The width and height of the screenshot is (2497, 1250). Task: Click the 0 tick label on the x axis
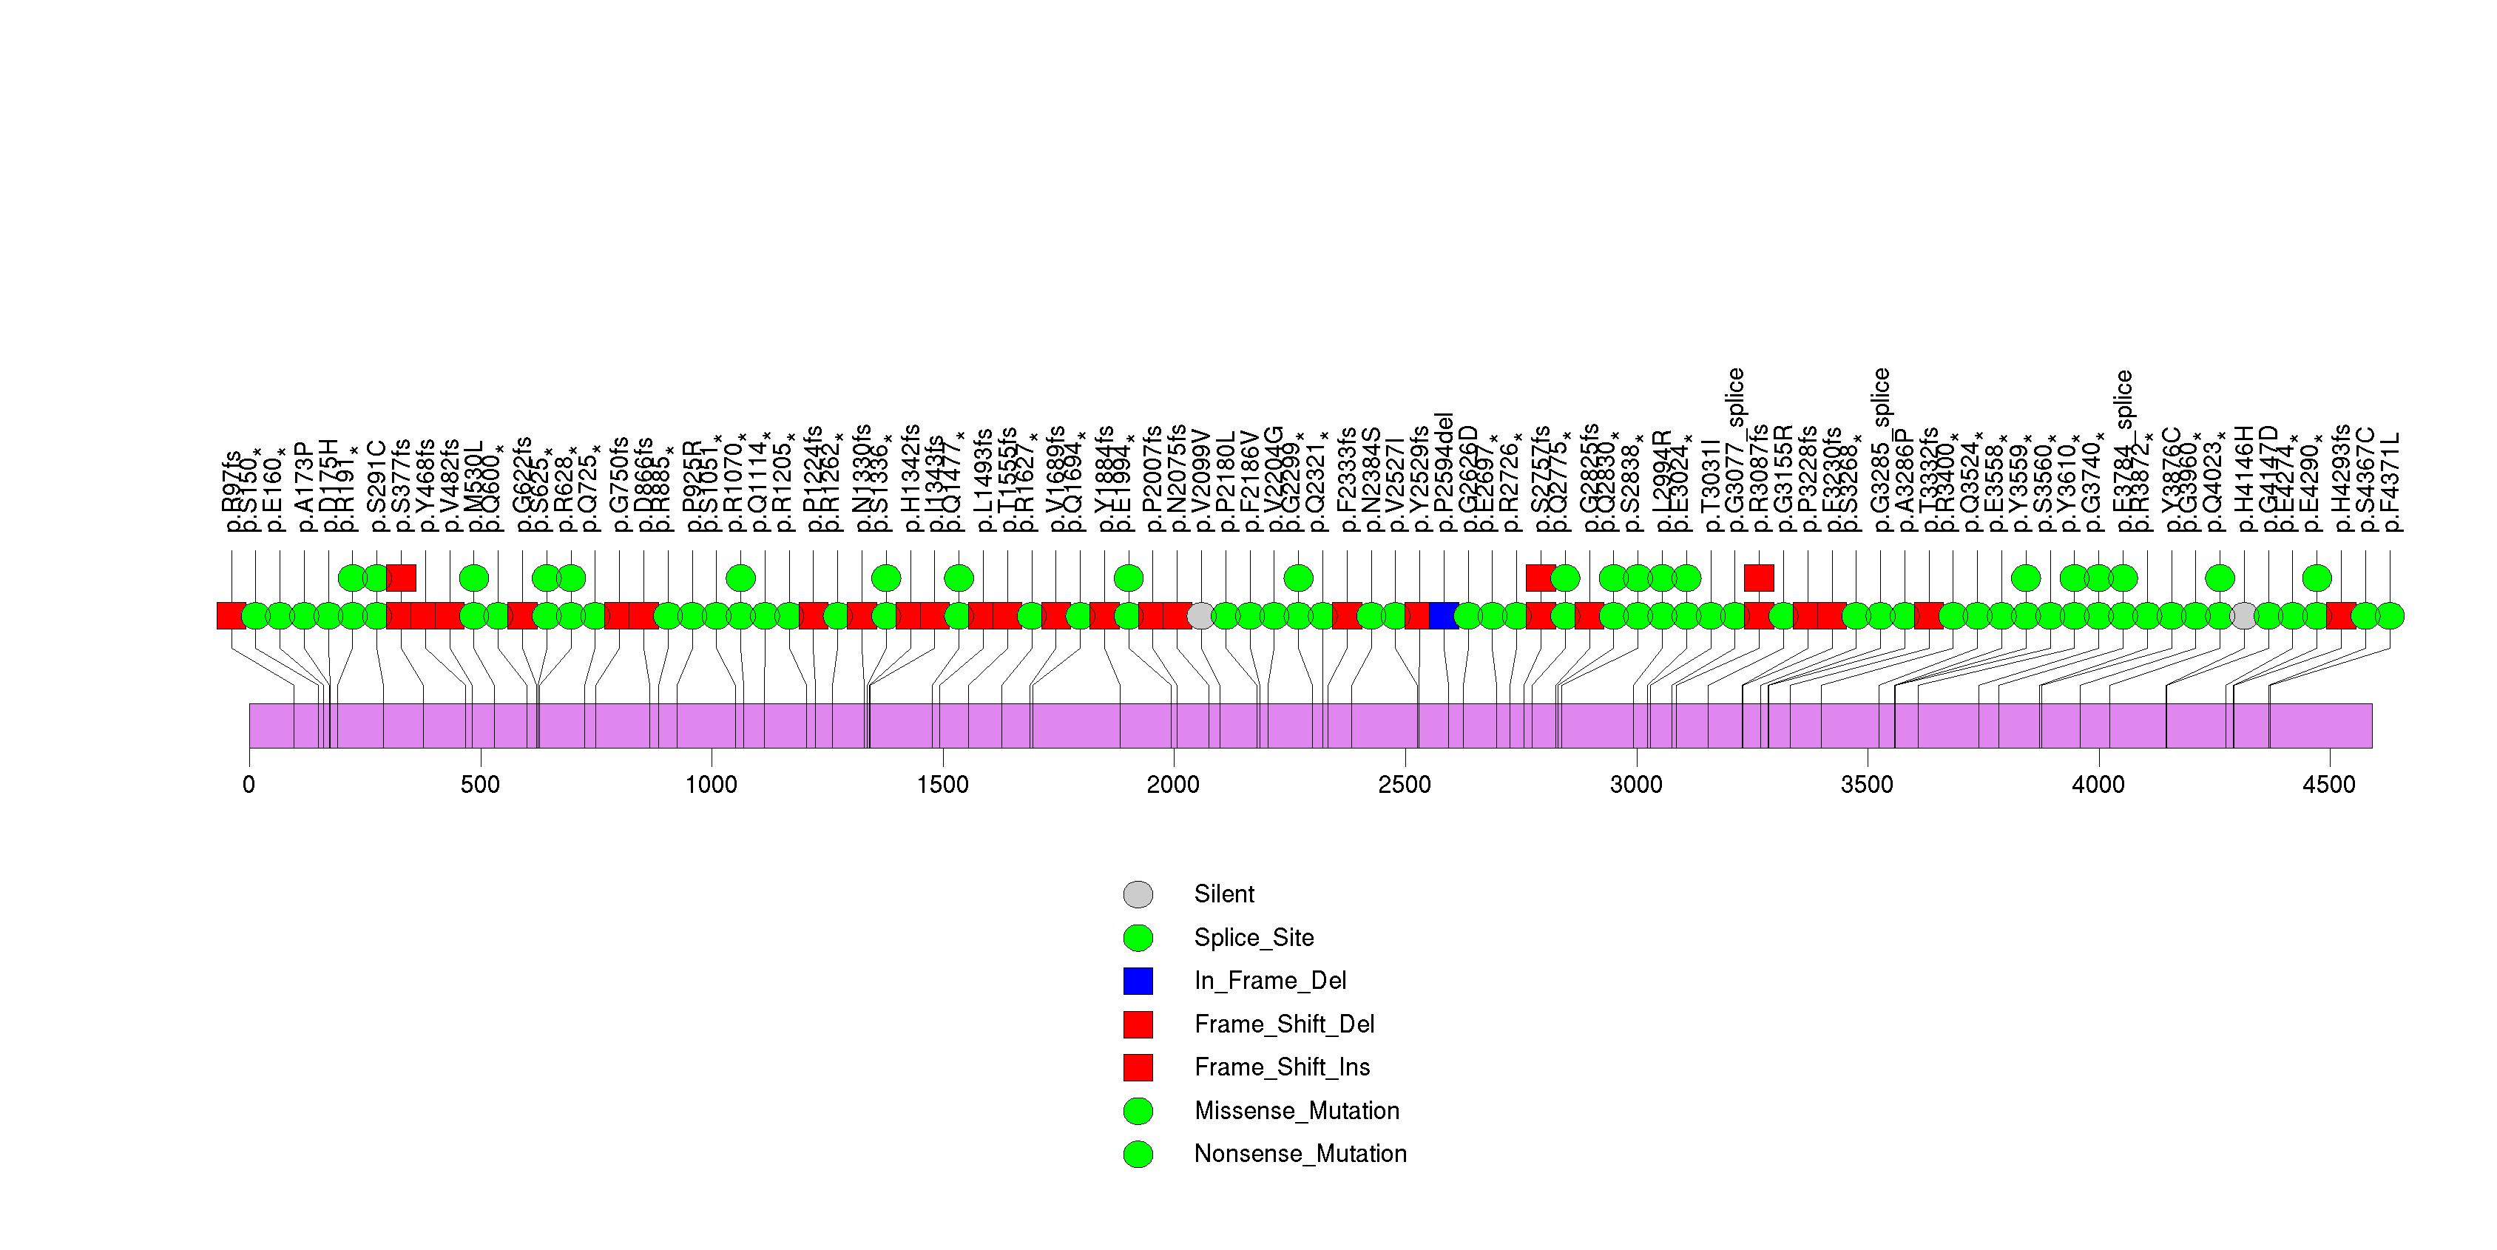(249, 785)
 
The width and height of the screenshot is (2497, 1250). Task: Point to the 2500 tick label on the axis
(1405, 785)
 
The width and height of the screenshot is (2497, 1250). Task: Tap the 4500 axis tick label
(2329, 785)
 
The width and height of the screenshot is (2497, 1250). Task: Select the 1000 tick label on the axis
(712, 785)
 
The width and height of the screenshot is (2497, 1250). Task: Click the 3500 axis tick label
(1867, 785)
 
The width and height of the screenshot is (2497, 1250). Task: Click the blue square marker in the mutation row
(1443, 615)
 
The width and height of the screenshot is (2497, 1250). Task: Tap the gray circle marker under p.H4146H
(2244, 615)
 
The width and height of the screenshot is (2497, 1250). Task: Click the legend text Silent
(1223, 894)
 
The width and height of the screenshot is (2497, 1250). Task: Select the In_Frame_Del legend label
(1270, 981)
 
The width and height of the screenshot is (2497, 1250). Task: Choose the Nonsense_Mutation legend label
(1300, 1154)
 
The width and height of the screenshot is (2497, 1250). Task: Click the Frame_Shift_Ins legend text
(1282, 1067)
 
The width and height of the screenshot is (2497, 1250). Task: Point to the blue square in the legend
(1138, 981)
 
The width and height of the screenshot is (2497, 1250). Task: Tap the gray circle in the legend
(1138, 894)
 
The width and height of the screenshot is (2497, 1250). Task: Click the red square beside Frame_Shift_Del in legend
(1138, 1024)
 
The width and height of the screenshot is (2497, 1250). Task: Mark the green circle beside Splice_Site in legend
(1138, 937)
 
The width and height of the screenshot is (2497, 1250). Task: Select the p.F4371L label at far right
(2390, 482)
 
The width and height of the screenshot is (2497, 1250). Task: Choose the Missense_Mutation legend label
(1296, 1110)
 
